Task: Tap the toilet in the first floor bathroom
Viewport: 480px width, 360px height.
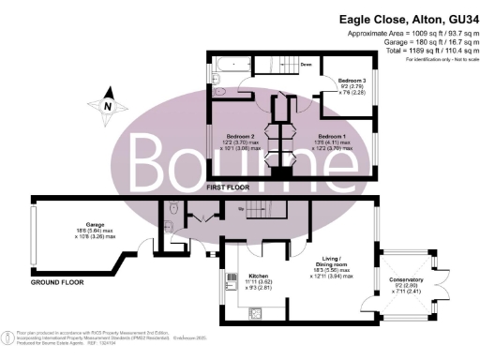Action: click(x=217, y=93)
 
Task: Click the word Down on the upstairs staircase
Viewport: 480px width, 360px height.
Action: click(x=306, y=66)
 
